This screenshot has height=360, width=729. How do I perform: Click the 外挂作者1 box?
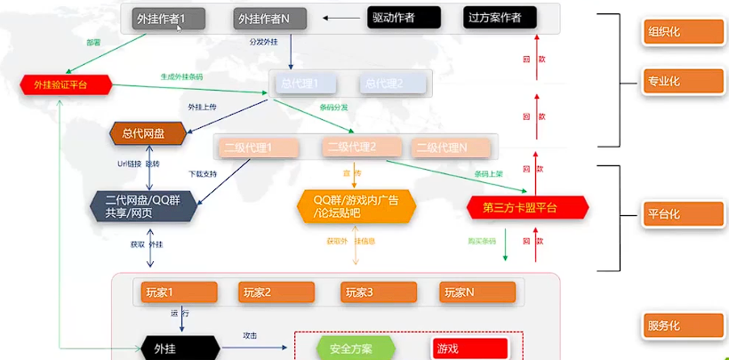[169, 18]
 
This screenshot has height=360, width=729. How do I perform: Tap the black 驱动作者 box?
[403, 18]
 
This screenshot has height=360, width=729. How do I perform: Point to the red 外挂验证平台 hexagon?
[66, 84]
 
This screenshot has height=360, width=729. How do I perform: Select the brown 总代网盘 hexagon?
[149, 133]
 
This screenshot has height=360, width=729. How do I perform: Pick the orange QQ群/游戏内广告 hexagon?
[356, 206]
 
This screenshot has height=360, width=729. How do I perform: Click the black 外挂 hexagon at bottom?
[180, 348]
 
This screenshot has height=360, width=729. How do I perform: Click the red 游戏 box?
[469, 348]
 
